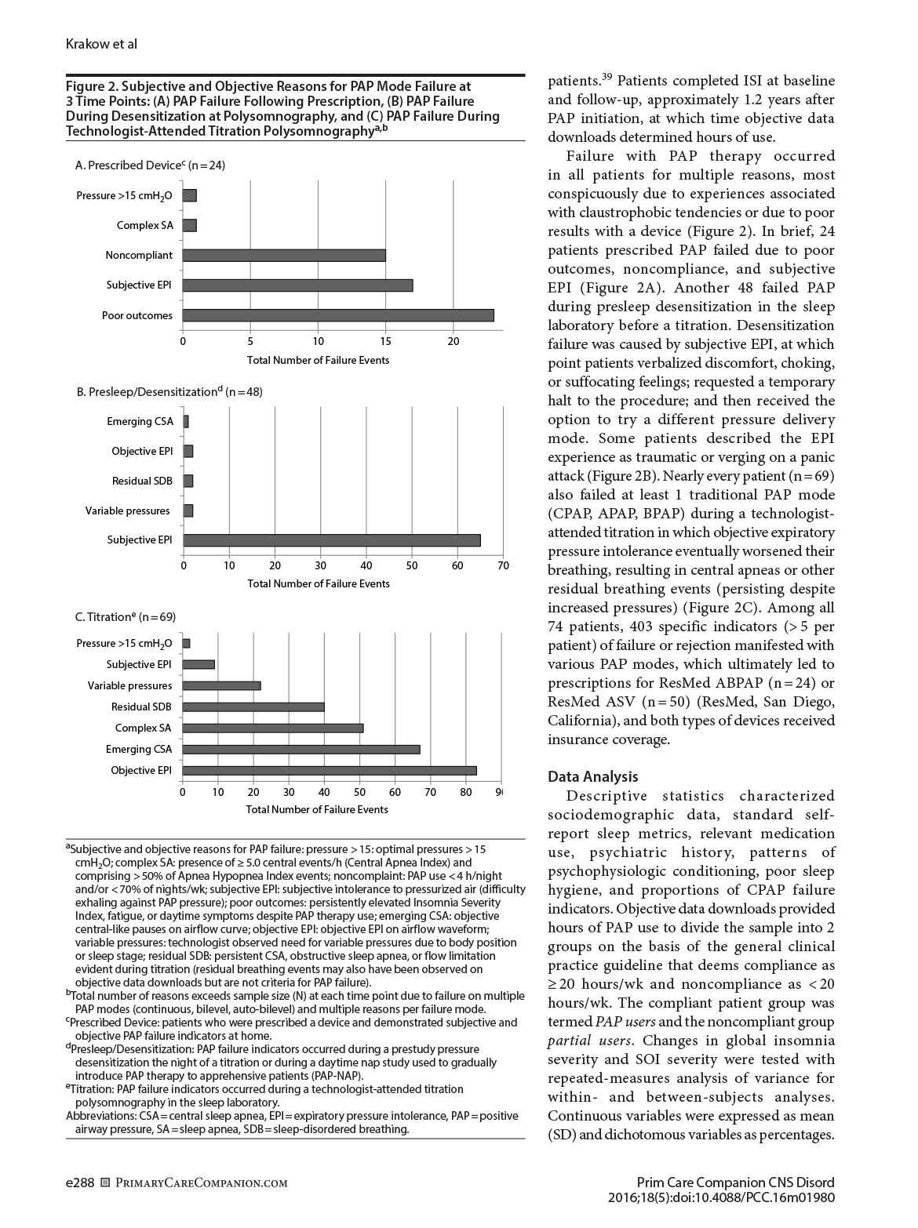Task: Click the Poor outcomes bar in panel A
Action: click(338, 315)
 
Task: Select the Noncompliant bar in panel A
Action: click(284, 255)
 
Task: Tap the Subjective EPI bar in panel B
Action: click(332, 540)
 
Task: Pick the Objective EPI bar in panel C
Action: click(330, 770)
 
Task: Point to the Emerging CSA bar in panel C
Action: click(301, 749)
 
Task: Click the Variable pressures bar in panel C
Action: click(221, 685)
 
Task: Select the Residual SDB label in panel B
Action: click(142, 481)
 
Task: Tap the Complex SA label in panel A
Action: click(145, 225)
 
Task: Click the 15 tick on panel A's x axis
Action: click(386, 341)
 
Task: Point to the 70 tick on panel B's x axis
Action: click(503, 565)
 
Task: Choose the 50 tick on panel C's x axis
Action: click(359, 792)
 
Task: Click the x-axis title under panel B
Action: click(319, 583)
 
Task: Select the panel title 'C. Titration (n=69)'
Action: click(126, 617)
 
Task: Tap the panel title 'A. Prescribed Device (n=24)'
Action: click(150, 165)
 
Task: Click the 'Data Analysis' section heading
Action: click(592, 776)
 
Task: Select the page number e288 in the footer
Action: click(80, 1183)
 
